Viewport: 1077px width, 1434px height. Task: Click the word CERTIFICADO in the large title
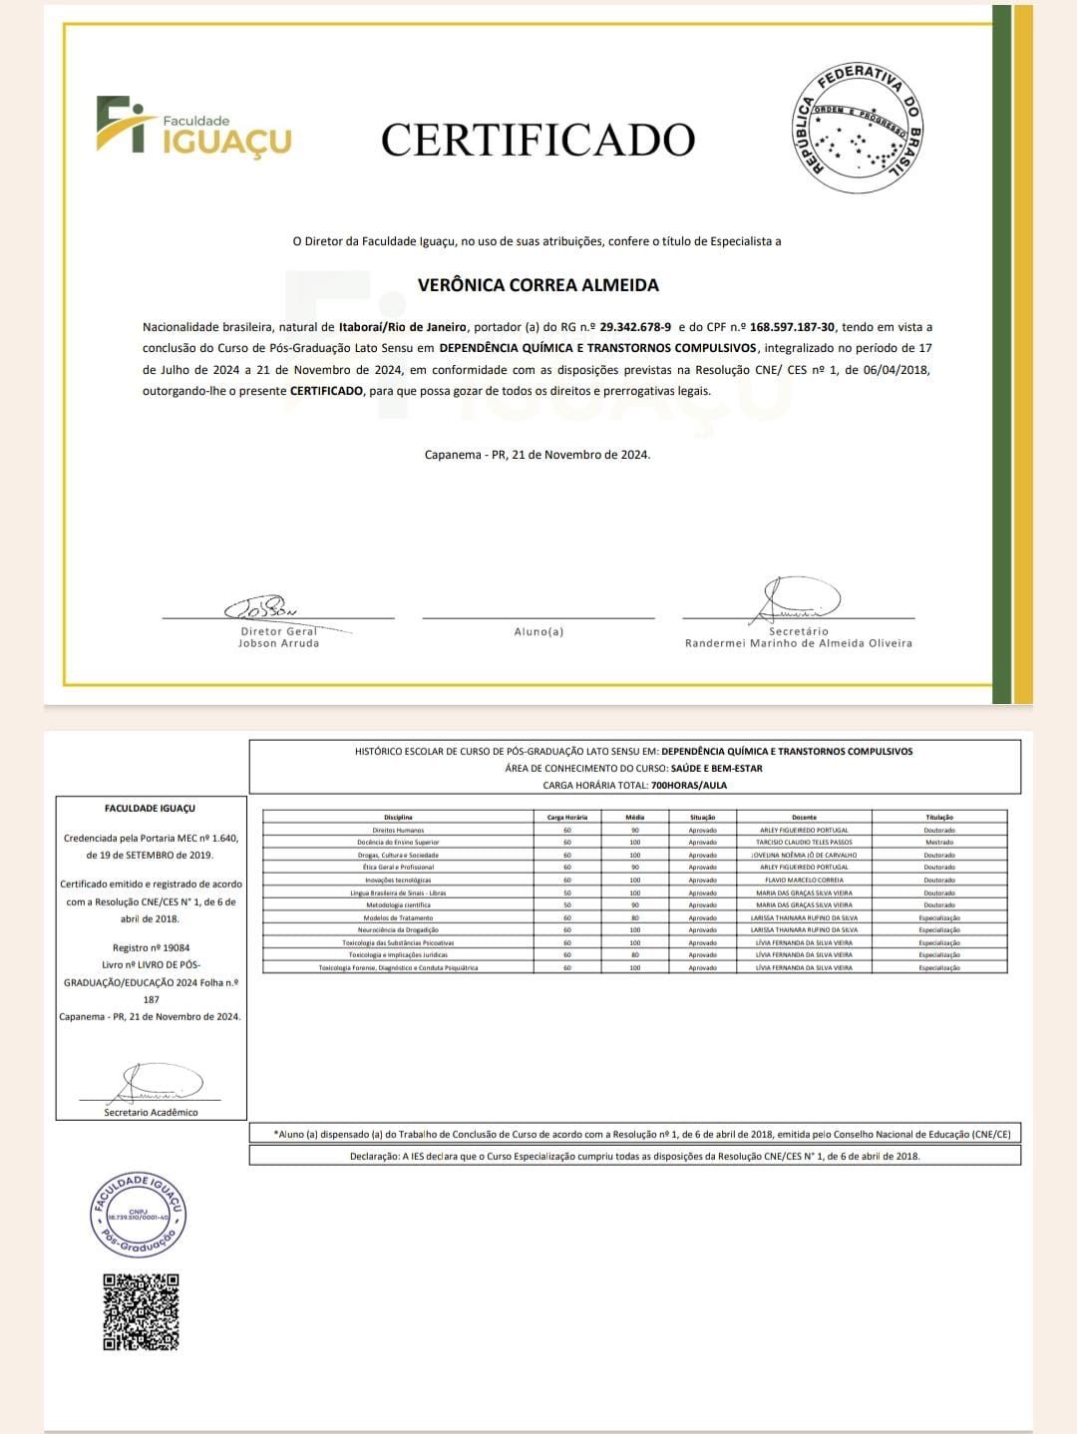538,140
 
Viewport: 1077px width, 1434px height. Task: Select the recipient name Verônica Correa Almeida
538,285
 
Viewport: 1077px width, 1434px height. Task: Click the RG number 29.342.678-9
635,327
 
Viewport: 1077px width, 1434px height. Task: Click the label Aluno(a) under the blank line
538,631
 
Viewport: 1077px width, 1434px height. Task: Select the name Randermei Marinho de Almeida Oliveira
798,643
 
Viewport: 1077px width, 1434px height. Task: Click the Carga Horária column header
567,817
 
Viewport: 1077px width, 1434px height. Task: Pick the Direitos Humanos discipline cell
398,830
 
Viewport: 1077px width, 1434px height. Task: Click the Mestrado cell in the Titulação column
938,843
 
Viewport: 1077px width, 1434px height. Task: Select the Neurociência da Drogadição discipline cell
398,930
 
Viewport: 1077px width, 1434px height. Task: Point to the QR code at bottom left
142,1312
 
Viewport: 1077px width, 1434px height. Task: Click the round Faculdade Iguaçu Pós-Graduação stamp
141,1214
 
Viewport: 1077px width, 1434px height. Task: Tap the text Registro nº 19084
151,947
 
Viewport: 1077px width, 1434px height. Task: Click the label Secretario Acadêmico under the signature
151,1112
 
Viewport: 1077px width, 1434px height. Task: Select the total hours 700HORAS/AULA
688,785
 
